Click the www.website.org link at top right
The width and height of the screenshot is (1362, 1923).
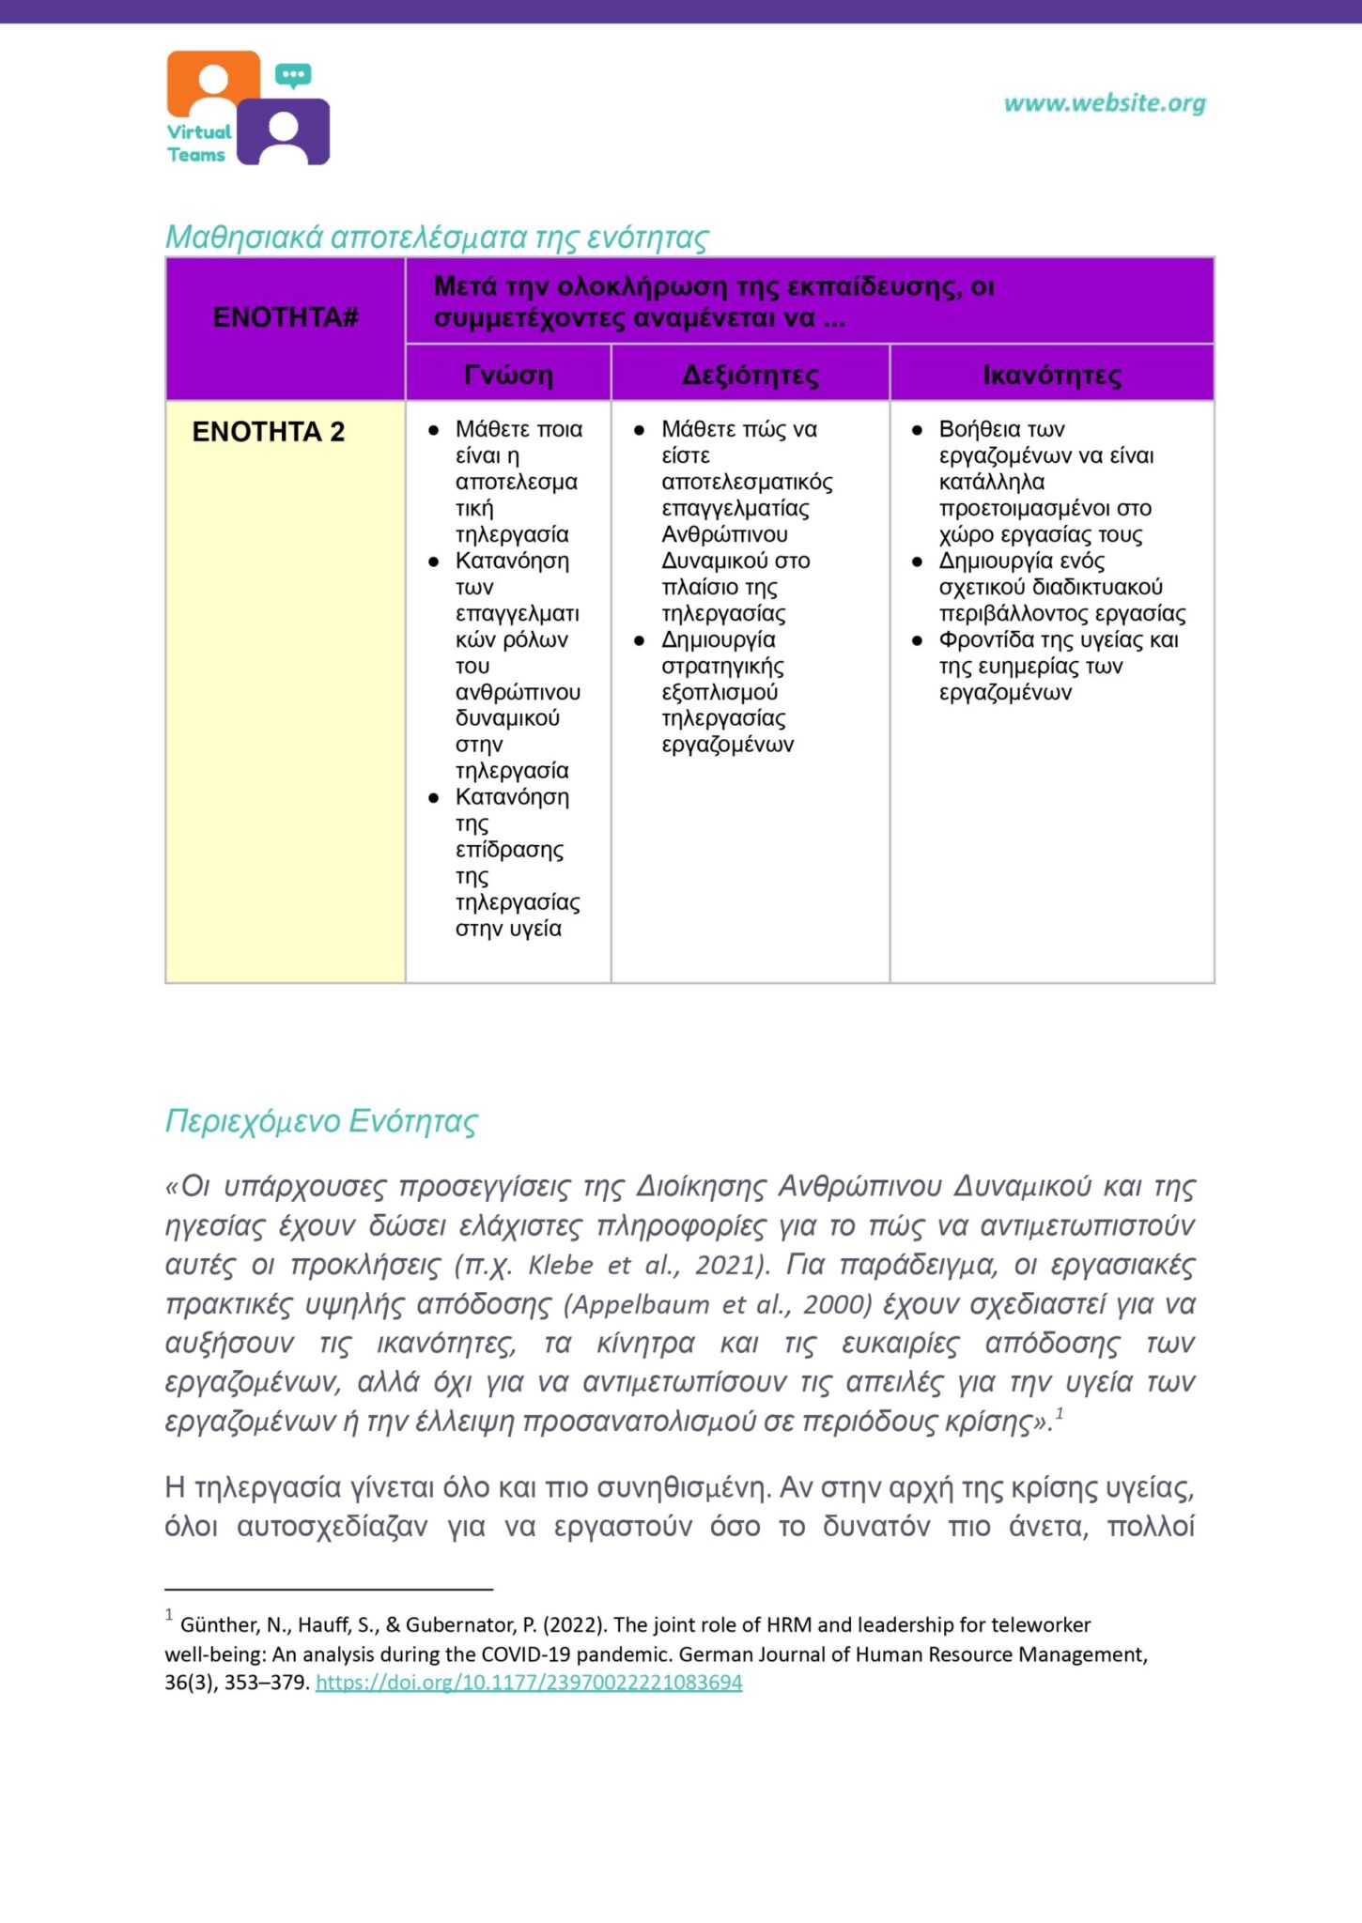(x=1105, y=103)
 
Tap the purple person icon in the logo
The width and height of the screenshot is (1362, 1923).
(x=284, y=133)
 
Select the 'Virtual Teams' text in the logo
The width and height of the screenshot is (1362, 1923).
(x=198, y=144)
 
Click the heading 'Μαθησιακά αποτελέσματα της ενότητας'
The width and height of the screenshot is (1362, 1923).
(x=437, y=237)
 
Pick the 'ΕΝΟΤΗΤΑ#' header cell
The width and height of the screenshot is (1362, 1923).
(x=286, y=317)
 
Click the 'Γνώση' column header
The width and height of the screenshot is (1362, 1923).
(x=508, y=375)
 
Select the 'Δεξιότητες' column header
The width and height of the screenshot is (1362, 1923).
(x=750, y=375)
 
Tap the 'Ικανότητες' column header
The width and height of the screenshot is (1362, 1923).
(x=1052, y=375)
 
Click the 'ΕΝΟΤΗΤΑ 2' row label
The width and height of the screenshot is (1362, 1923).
(x=269, y=432)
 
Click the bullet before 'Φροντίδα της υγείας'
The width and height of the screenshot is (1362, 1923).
(x=918, y=640)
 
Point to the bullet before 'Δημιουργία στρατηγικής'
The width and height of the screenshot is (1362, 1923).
(x=640, y=640)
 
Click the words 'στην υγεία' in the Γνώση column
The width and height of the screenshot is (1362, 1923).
(x=508, y=929)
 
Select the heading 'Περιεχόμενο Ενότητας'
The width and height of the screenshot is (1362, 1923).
(x=321, y=1121)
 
